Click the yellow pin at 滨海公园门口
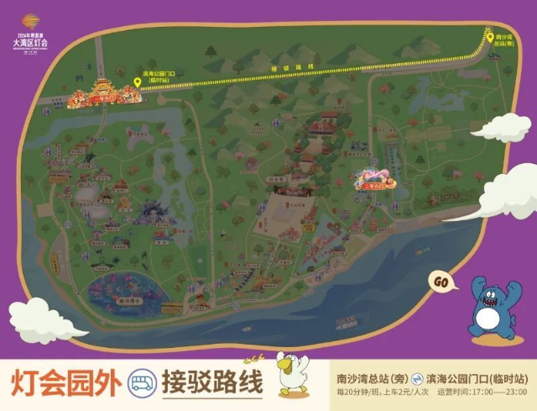[x=137, y=82]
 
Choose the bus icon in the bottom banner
[x=142, y=384]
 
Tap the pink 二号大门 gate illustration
[x=373, y=179]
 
